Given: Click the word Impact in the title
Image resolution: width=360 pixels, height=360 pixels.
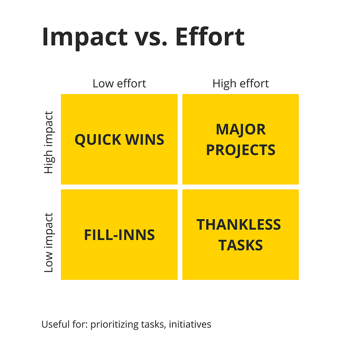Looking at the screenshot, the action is tap(85, 38).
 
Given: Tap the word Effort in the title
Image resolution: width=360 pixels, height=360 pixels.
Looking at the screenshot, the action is tap(210, 37).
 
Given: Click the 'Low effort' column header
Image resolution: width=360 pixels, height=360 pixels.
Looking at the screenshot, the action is tap(119, 83).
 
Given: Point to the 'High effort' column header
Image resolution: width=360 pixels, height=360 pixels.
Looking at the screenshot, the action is tap(240, 83).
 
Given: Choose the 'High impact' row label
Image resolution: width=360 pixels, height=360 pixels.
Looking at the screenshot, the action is tap(49, 142).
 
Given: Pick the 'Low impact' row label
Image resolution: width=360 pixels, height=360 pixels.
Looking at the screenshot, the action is tap(49, 243).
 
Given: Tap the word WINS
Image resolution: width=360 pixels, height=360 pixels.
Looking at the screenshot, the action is tap(144, 139).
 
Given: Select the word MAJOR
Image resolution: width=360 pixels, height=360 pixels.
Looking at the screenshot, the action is tap(241, 130).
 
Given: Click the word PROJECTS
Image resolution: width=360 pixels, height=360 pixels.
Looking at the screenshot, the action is tap(241, 150).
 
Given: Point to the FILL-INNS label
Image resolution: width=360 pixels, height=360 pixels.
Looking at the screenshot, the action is tap(119, 235).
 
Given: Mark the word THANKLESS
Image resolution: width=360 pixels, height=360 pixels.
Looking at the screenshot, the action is tap(238, 224).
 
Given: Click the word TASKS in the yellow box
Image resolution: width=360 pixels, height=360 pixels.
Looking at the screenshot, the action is tap(240, 245).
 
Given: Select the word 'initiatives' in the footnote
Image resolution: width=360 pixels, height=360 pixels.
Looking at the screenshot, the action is tap(190, 324).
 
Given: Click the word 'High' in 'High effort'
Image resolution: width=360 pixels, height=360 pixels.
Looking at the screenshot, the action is tap(224, 84).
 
